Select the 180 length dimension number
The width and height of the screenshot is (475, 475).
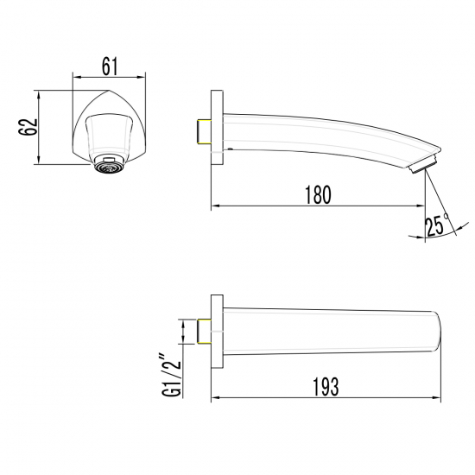(x=317, y=195)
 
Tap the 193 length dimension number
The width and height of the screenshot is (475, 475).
(x=324, y=384)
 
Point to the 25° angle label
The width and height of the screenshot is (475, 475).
(x=436, y=226)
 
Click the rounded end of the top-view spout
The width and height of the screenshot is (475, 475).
(x=438, y=332)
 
